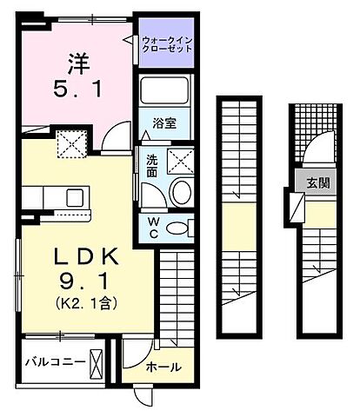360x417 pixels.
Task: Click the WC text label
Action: (151, 228)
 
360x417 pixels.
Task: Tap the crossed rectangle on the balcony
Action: (97, 360)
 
